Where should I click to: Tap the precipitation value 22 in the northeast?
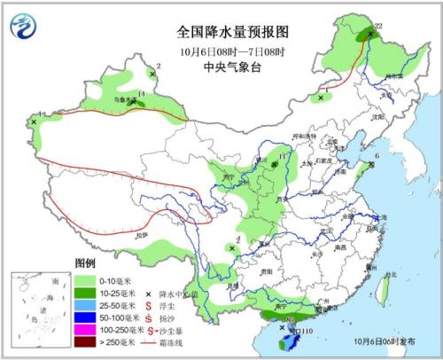377,27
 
